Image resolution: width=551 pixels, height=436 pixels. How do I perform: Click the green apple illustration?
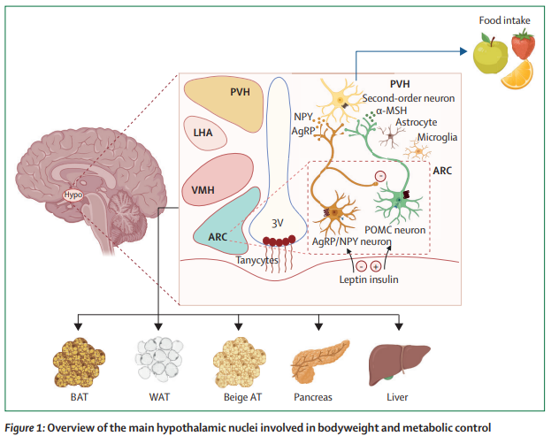point(490,57)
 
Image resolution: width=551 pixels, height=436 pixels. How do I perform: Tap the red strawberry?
point(524,43)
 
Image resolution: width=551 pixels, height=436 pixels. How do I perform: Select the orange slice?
point(517,76)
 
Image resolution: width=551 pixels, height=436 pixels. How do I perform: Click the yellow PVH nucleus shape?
point(225,103)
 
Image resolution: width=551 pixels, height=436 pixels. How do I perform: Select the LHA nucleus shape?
point(203,134)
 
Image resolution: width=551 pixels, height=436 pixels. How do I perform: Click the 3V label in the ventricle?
point(277,223)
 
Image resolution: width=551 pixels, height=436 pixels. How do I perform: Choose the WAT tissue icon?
point(157,357)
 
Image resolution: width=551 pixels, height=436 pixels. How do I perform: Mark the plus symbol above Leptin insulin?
point(375,265)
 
